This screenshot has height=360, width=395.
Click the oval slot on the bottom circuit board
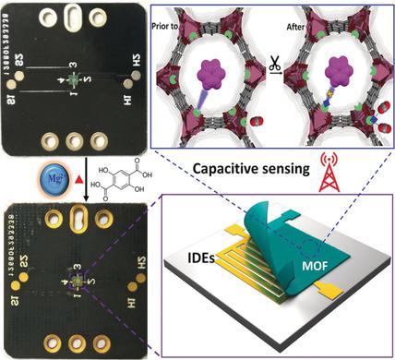[x=75, y=222]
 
